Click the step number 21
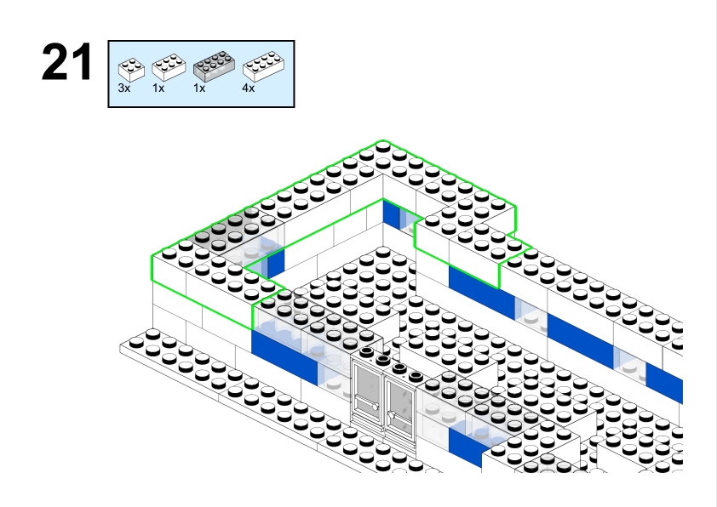66,64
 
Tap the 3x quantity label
124,88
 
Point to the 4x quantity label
248,88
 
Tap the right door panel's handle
391,414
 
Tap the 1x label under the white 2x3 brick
158,88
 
